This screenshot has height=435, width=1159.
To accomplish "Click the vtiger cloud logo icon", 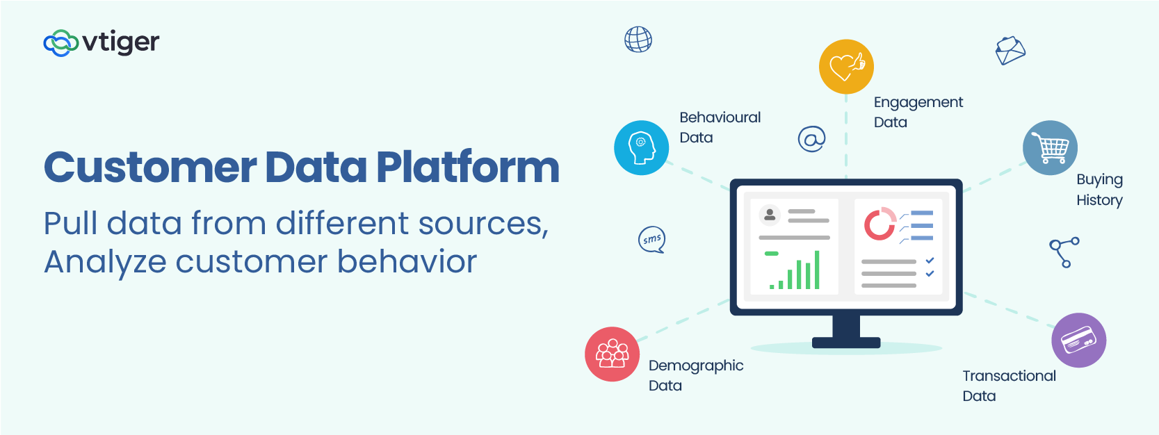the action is point(61,43).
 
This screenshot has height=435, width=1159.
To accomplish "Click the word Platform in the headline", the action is point(468,167).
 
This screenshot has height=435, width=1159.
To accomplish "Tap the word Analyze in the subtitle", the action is point(105,262).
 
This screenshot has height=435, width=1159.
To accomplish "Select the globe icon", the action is point(638,40).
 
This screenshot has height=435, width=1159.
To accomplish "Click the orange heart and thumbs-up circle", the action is point(846,67).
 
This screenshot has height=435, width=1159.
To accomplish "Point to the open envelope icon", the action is point(1010,50).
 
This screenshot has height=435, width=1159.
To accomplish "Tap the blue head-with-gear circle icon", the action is point(641,148).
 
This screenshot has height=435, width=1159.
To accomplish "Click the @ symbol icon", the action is point(811,138).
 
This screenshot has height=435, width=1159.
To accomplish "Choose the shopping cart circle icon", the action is point(1050,148).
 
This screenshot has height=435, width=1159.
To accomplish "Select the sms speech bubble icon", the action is point(652,240).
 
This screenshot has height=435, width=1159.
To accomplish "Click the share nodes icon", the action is point(1064,252).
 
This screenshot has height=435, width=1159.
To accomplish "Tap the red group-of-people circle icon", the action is point(612,354).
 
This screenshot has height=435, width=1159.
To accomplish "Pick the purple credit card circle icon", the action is point(1079,340).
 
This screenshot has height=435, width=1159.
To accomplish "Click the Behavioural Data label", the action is point(720,127).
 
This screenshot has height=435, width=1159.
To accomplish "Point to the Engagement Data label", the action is point(918,113).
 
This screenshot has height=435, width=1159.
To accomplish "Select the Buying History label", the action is point(1099,189).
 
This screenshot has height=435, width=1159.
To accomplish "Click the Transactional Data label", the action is point(1009,386).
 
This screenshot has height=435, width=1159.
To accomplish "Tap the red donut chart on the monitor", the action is point(879,224).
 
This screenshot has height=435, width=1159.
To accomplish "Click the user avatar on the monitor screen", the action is point(770,214).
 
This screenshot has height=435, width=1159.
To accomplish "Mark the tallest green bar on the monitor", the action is point(817,270).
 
